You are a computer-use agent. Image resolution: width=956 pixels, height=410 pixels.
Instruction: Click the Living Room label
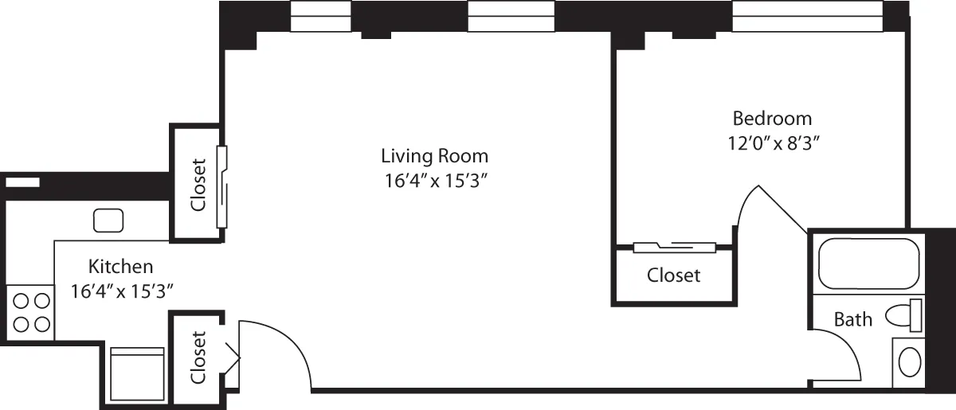pos(434,155)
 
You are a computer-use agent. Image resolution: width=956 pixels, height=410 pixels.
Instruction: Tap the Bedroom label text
pos(772,119)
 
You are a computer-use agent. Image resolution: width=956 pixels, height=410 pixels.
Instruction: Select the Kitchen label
pos(120,266)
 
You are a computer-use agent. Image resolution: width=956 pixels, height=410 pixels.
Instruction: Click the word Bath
pos(852,320)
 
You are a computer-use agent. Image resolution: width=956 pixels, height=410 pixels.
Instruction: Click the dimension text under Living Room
pos(434,181)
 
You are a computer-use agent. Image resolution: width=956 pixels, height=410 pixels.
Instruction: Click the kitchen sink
pos(108,220)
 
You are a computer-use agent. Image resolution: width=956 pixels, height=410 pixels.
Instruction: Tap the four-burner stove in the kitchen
pos(31,312)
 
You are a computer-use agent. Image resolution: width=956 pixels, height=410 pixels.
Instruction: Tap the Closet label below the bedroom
pos(673,275)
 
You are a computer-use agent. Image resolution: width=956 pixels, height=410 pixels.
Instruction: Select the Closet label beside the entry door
pos(198,357)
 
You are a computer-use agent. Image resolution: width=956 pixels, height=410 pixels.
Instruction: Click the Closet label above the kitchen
pos(198,185)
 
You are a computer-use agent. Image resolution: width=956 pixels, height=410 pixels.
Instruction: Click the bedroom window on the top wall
pos(806,16)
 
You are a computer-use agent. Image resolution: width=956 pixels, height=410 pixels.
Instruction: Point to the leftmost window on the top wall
pos(321,16)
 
